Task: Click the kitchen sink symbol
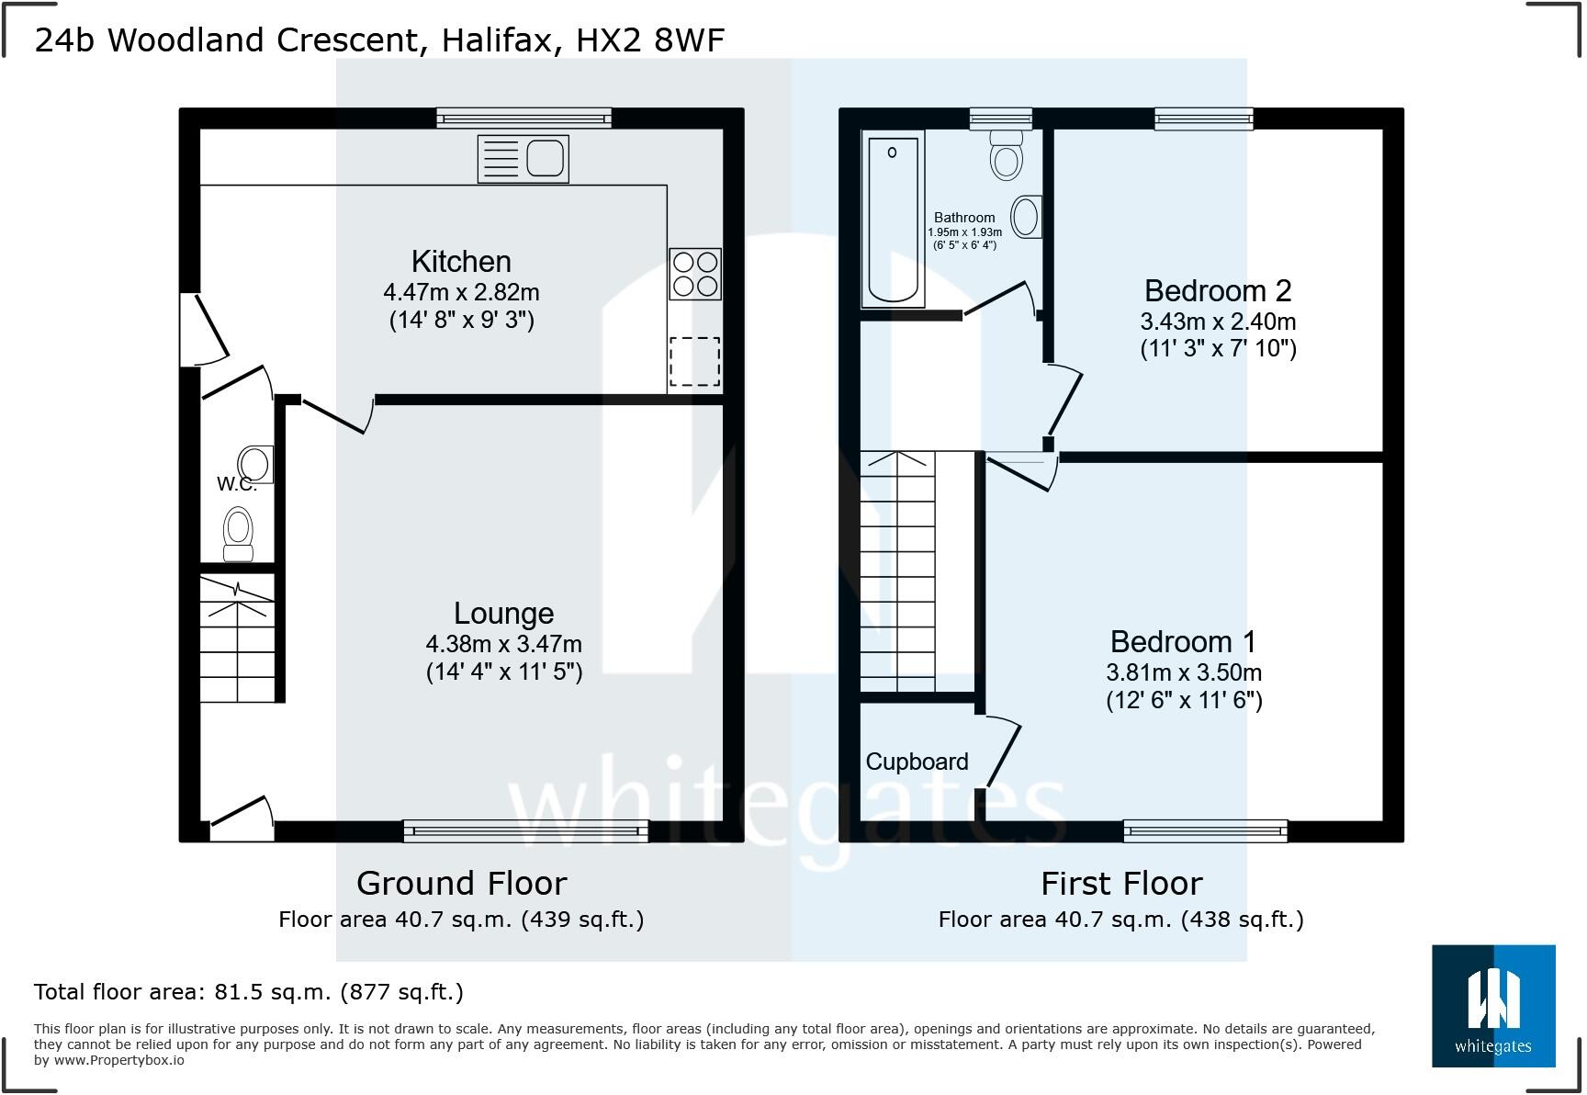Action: click(x=523, y=158)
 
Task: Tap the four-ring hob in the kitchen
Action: click(x=694, y=274)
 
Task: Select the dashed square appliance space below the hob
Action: click(x=694, y=361)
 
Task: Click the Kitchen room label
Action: click(x=461, y=262)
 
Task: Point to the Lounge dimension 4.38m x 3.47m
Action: click(x=503, y=644)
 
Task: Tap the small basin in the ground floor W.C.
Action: click(x=255, y=465)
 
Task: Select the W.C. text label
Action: click(x=236, y=484)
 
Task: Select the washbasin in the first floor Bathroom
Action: click(x=1026, y=218)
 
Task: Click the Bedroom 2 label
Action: click(x=1217, y=291)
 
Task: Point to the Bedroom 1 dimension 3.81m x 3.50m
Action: click(x=1183, y=672)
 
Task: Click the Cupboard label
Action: click(x=917, y=762)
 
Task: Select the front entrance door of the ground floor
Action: click(x=241, y=818)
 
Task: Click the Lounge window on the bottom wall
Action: click(x=525, y=831)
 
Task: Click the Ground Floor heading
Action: click(x=461, y=883)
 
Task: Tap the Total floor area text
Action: click(x=248, y=992)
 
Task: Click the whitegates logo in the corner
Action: click(x=1492, y=1006)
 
